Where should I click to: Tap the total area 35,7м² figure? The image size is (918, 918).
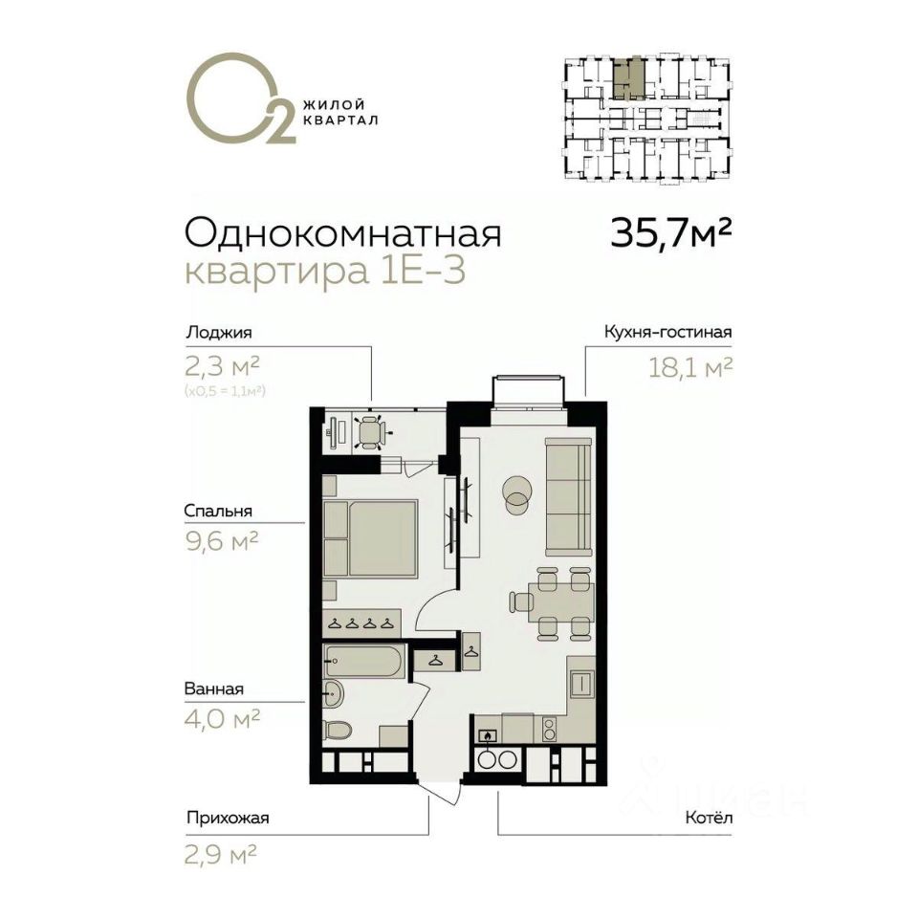click(671, 233)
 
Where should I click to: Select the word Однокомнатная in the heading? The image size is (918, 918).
click(343, 234)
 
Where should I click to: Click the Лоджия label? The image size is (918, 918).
click(218, 333)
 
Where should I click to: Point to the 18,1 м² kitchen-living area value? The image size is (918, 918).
click(690, 367)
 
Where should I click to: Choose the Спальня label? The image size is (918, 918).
click(218, 511)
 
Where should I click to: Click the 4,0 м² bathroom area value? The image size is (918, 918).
click(222, 718)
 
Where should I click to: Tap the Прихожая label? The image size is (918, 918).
click(228, 818)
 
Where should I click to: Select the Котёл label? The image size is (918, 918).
click(709, 818)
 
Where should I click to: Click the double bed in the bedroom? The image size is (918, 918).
click(370, 537)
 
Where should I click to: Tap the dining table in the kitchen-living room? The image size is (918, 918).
click(561, 602)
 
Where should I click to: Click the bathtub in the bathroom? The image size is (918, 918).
click(363, 663)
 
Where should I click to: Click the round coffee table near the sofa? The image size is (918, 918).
click(517, 490)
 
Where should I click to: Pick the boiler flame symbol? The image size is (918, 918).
click(487, 734)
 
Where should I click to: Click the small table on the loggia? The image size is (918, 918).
click(368, 432)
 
